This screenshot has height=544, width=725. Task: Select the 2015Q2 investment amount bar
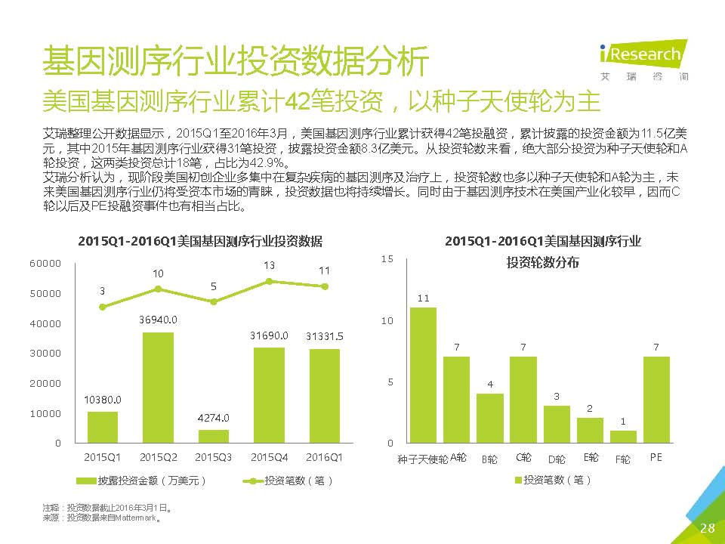(158, 388)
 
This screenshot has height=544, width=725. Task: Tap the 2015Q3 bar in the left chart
(213, 436)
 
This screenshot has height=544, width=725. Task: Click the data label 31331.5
(325, 336)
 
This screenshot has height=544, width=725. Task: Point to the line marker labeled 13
(269, 281)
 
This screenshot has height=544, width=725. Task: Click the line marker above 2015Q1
(103, 307)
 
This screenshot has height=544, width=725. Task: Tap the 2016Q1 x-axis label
(324, 457)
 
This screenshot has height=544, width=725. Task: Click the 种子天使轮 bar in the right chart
(423, 375)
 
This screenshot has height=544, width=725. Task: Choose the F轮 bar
(623, 436)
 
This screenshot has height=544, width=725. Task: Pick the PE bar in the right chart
(656, 399)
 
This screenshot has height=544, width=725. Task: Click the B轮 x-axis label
(489, 459)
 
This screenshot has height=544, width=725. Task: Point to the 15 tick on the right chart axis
(388, 259)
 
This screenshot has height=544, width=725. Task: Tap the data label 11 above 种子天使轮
(423, 298)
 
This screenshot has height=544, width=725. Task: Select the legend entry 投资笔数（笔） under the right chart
(553, 480)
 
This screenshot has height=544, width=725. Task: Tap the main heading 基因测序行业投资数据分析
(236, 60)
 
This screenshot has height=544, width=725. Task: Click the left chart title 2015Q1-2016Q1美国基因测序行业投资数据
(200, 242)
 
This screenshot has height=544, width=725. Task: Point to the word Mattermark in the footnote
(140, 518)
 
